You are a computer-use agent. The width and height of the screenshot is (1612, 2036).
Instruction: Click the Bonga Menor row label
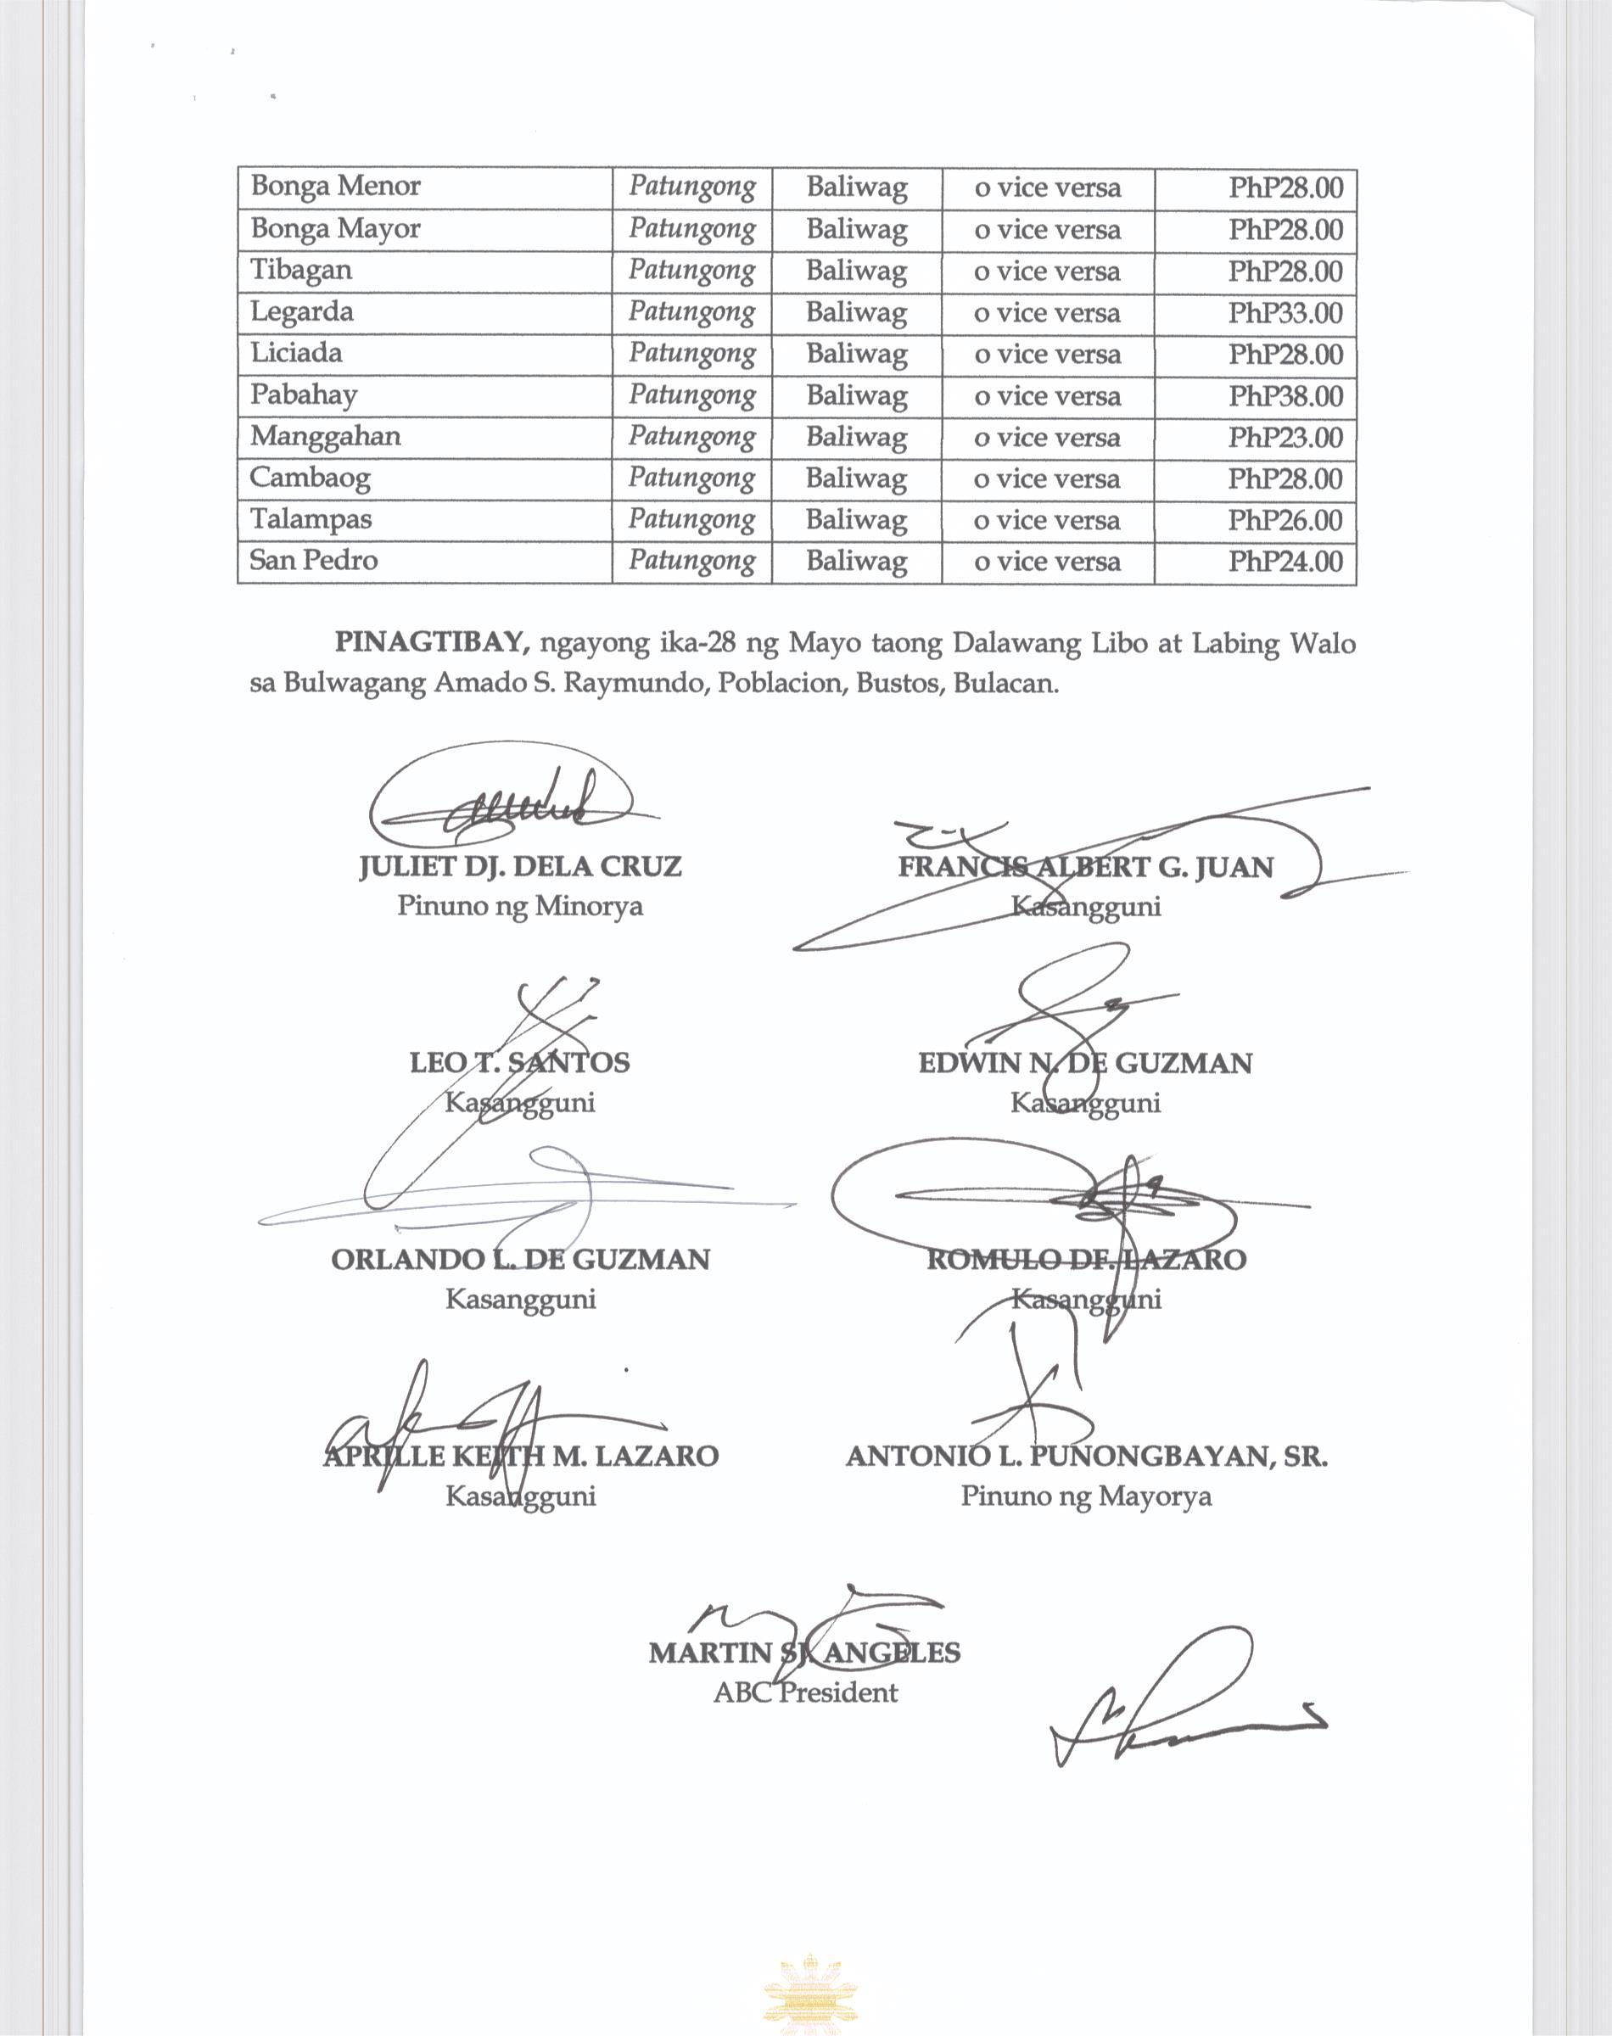coord(335,186)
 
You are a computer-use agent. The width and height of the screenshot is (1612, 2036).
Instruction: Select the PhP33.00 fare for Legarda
coord(1285,312)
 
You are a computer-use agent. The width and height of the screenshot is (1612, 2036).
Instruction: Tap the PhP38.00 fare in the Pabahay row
coord(1285,395)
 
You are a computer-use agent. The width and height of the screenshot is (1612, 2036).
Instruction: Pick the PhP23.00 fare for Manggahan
coord(1285,437)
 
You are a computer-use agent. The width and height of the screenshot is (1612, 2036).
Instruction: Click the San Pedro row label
coord(313,561)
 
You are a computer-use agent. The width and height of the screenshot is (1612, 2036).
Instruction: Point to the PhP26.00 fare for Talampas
coord(1285,520)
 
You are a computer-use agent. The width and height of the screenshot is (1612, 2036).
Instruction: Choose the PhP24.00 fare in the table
coord(1285,562)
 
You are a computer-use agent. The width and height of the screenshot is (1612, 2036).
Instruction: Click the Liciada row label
coord(295,353)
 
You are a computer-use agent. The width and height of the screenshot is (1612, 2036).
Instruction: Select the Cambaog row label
coord(310,478)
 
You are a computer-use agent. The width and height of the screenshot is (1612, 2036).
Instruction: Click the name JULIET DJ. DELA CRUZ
coord(520,866)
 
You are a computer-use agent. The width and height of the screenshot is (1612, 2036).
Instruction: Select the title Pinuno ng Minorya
coord(520,906)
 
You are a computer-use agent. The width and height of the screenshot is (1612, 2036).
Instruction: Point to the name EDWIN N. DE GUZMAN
coord(1085,1063)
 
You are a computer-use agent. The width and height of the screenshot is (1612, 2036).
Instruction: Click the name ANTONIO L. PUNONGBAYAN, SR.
coord(1086,1456)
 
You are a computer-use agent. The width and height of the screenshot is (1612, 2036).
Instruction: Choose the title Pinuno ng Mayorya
coord(1086,1496)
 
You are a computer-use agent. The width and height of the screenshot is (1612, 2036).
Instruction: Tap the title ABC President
coord(805,1692)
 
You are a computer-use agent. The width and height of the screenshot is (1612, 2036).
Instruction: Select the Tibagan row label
coord(301,270)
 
